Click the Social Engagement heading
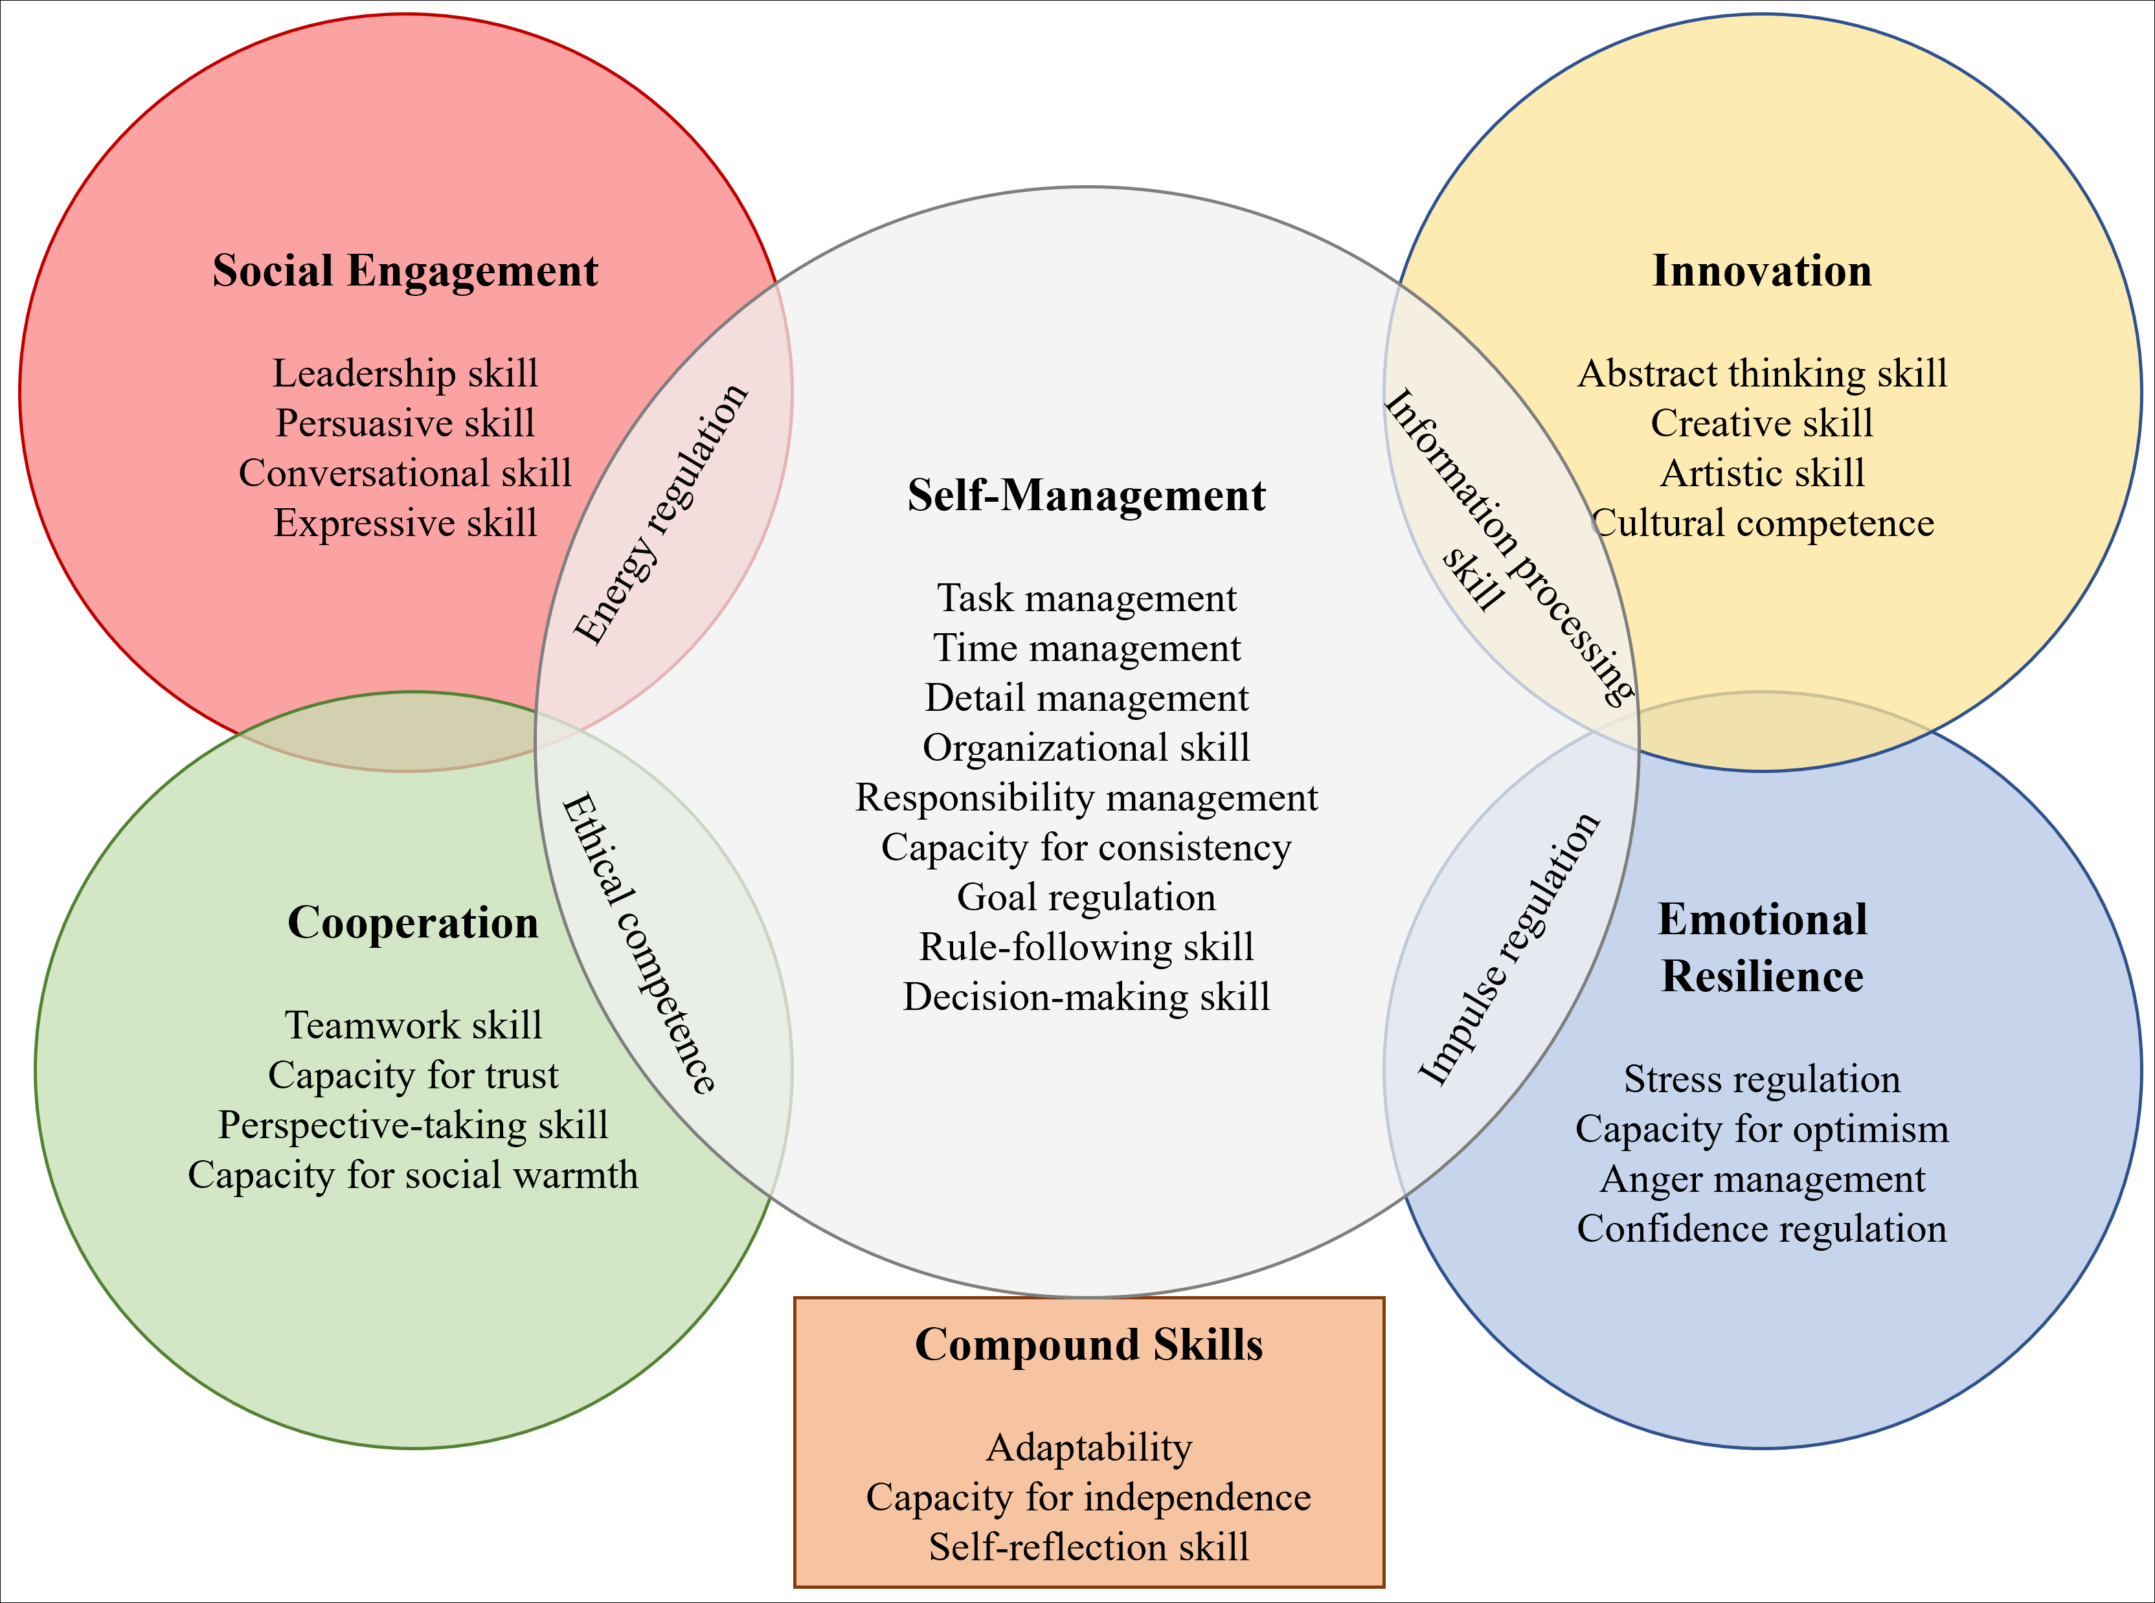(405, 271)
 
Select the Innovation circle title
(1761, 271)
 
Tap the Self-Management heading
(1086, 496)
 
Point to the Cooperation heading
(412, 923)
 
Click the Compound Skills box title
(1089, 1345)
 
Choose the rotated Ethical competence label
(639, 944)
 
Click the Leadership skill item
(405, 374)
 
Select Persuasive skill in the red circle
(405, 423)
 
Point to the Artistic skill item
(1761, 473)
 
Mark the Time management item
(1086, 648)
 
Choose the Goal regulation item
(1086, 897)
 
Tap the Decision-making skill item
(1086, 998)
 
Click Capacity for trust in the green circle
(412, 1075)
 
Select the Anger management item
(1761, 1179)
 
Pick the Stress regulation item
(1761, 1079)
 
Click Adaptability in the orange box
(1089, 1448)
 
